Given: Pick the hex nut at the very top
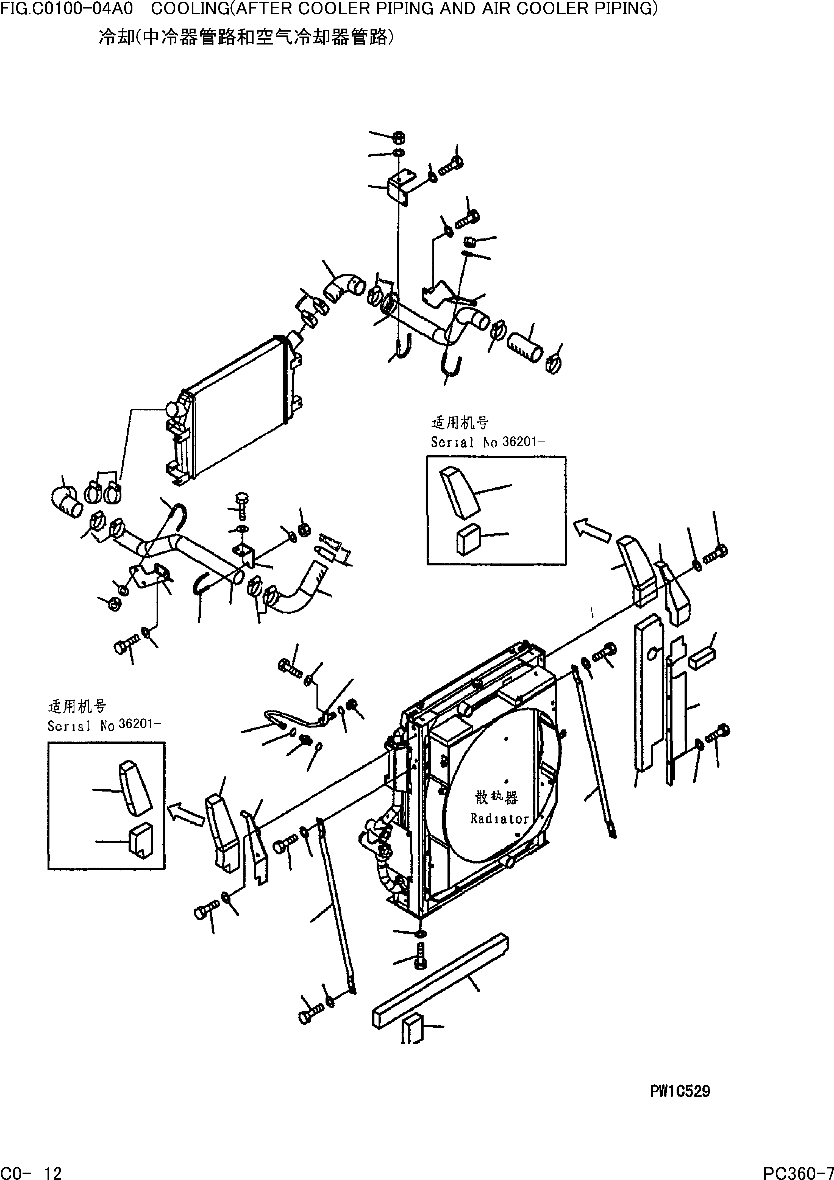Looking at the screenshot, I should [399, 137].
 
